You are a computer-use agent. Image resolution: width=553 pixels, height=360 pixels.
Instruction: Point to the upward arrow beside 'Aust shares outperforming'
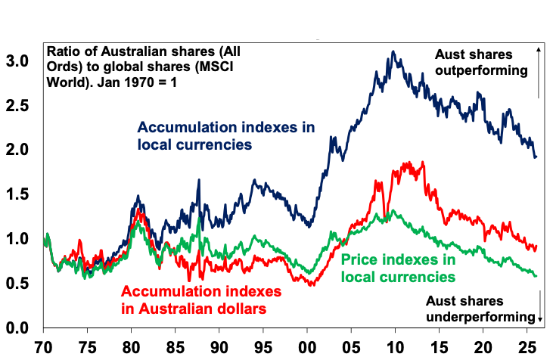538,72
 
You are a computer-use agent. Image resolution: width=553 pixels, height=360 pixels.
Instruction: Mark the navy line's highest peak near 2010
393,51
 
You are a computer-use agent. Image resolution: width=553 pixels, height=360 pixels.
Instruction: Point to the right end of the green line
536,276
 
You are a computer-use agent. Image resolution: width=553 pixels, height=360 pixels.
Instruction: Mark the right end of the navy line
536,157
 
